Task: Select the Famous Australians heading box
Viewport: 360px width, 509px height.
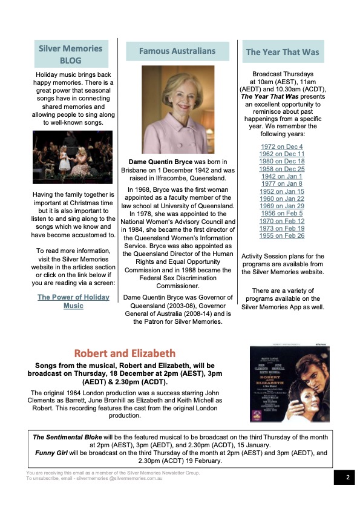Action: [x=177, y=51]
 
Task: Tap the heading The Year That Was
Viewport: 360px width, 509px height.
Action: [x=282, y=52]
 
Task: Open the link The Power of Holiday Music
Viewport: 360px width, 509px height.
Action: [x=73, y=301]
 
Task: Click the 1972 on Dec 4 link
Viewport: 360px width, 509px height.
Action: [x=282, y=147]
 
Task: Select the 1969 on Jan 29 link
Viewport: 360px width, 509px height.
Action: [x=282, y=206]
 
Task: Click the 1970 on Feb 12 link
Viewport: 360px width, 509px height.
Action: [x=282, y=221]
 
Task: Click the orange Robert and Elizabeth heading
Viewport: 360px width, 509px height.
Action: [x=125, y=353]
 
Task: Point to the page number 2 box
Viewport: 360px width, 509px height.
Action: [x=347, y=478]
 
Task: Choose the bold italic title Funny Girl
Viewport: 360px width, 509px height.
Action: [x=53, y=452]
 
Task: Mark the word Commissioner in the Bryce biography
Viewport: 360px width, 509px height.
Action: [x=177, y=286]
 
